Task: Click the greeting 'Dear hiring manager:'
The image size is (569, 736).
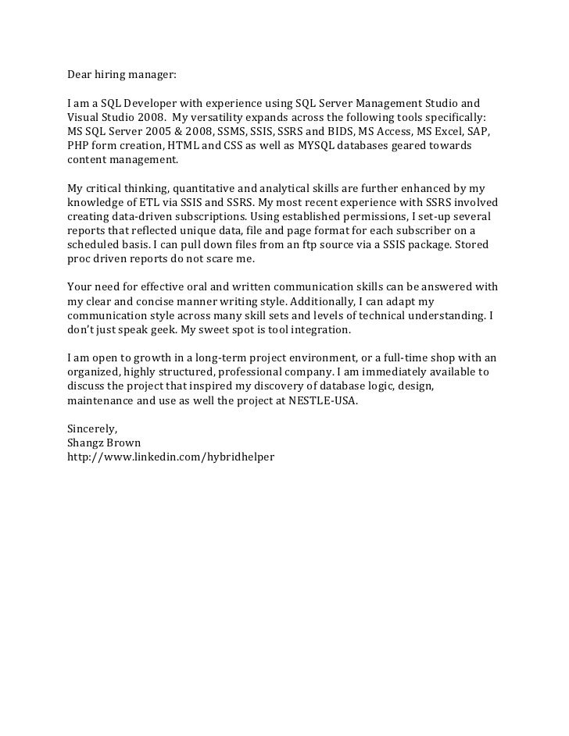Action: pyautogui.click(x=122, y=76)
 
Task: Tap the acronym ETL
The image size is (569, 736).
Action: pyautogui.click(x=147, y=202)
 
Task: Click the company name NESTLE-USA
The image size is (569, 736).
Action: pyautogui.click(x=320, y=400)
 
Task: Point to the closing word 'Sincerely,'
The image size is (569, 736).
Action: pyautogui.click(x=92, y=428)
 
